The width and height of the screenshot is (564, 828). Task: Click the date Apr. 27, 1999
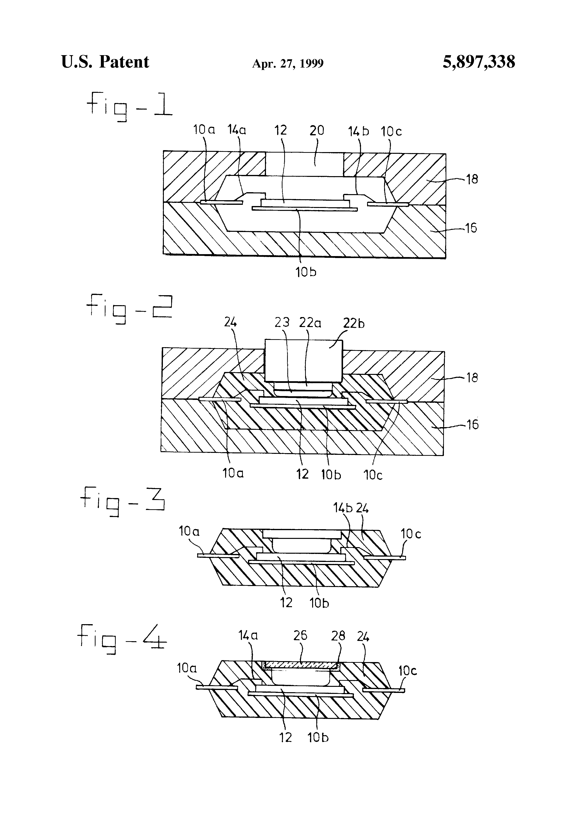tap(288, 63)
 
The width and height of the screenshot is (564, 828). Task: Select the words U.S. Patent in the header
tap(105, 62)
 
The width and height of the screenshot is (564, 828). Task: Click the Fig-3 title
tap(123, 500)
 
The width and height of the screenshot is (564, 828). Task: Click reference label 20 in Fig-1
tap(317, 130)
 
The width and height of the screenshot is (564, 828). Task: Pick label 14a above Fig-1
tap(237, 130)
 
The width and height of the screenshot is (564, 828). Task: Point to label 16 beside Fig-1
tap(471, 228)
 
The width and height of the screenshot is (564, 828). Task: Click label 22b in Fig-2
tap(354, 323)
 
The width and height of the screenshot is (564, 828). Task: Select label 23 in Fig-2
tap(282, 322)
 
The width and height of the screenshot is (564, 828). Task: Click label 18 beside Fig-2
tap(472, 378)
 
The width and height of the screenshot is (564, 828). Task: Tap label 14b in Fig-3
tap(343, 508)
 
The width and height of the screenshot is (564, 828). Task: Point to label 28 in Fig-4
tap(338, 636)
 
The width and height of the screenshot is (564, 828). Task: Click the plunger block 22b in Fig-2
tap(303, 360)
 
